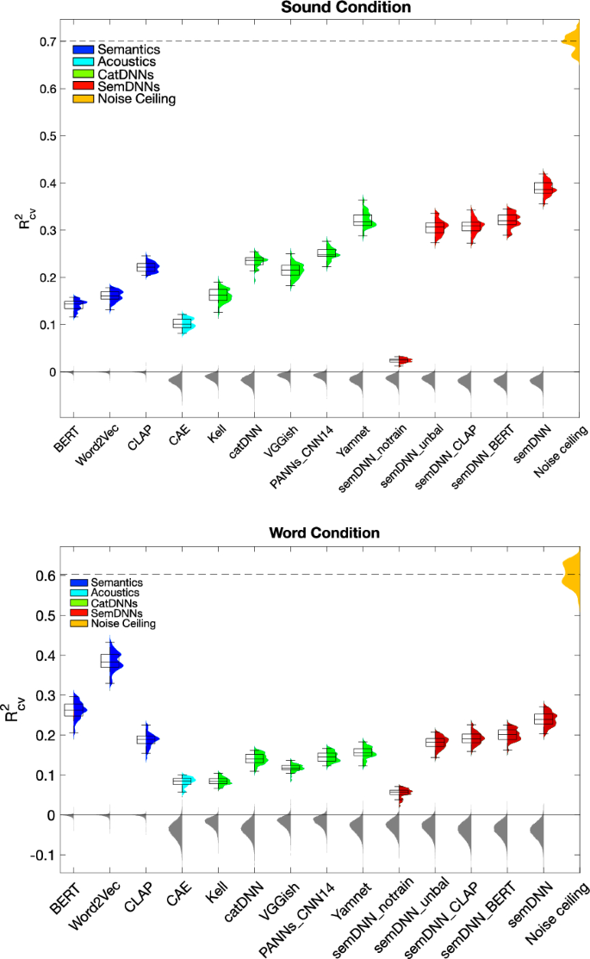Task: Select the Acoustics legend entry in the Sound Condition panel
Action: tap(126, 62)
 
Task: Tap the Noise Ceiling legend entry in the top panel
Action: tap(136, 100)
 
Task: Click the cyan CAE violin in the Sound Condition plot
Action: tap(186, 324)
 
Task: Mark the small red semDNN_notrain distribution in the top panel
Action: tap(404, 360)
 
